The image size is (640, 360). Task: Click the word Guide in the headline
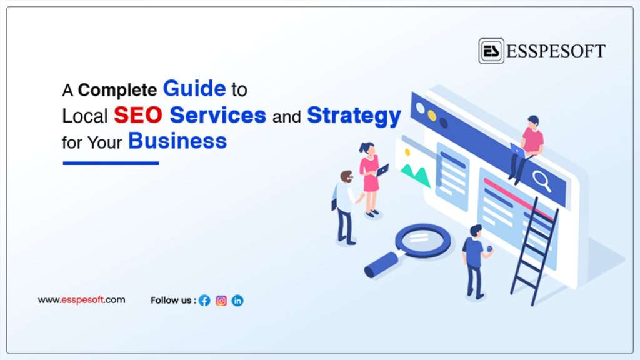tap(194, 89)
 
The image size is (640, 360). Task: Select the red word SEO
tap(138, 115)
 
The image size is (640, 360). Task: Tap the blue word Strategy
tap(354, 116)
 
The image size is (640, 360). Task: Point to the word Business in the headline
tap(177, 141)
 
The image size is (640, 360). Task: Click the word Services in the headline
tap(218, 115)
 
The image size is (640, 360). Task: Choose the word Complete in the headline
tap(117, 90)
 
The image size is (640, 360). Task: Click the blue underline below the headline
tap(111, 163)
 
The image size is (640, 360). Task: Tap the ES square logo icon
tap(491, 51)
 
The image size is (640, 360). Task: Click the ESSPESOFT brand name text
tap(556, 51)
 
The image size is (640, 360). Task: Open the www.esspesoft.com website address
tap(82, 300)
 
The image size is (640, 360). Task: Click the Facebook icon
tap(204, 301)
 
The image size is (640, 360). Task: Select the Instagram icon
tap(221, 301)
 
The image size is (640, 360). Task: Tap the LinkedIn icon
tap(237, 301)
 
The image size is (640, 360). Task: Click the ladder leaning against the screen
tap(534, 251)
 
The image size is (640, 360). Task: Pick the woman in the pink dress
tap(371, 179)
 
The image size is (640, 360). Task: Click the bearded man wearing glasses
tap(345, 207)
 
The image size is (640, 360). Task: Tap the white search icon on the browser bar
tap(542, 181)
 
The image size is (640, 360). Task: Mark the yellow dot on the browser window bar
tap(432, 116)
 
